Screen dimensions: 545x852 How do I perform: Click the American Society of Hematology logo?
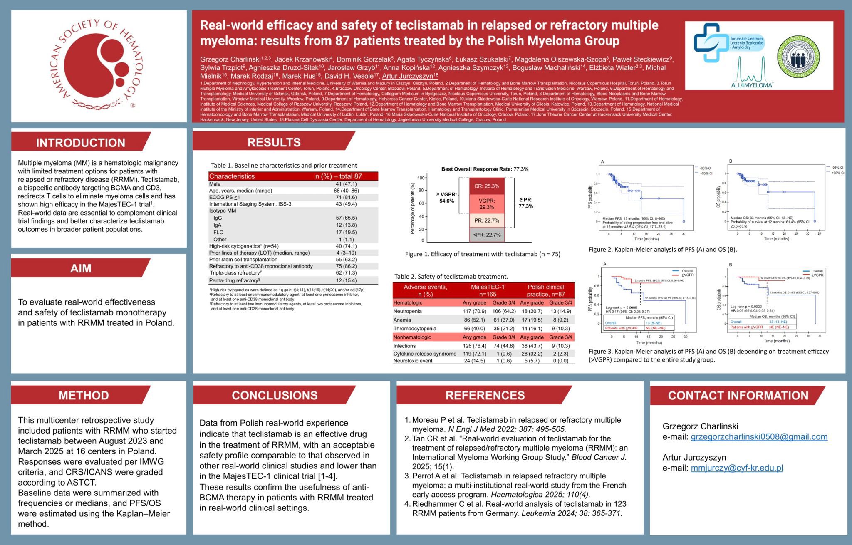(99, 66)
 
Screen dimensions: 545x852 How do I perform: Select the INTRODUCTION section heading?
(80, 143)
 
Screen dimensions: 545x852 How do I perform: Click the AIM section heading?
(80, 268)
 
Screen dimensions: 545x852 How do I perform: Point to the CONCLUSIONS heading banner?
(274, 395)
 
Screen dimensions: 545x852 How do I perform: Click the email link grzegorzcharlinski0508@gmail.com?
(759, 437)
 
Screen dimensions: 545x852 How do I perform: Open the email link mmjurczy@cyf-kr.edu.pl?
(737, 468)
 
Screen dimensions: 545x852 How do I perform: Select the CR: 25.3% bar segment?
(487, 186)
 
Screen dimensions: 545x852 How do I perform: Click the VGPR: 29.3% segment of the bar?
(487, 203)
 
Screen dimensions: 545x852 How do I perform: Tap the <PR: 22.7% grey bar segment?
(487, 235)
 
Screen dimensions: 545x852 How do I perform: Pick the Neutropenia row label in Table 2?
(408, 311)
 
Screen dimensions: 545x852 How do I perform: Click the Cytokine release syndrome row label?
(425, 354)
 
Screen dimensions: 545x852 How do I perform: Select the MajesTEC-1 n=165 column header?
(488, 290)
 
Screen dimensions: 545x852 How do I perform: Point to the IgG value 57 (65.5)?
(346, 218)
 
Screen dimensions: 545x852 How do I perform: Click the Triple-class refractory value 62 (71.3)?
(346, 273)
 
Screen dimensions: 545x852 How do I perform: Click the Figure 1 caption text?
(483, 254)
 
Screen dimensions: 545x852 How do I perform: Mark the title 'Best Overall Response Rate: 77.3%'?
(485, 169)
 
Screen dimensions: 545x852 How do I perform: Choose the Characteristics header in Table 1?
(232, 176)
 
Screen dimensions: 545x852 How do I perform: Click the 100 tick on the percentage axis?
(421, 178)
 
